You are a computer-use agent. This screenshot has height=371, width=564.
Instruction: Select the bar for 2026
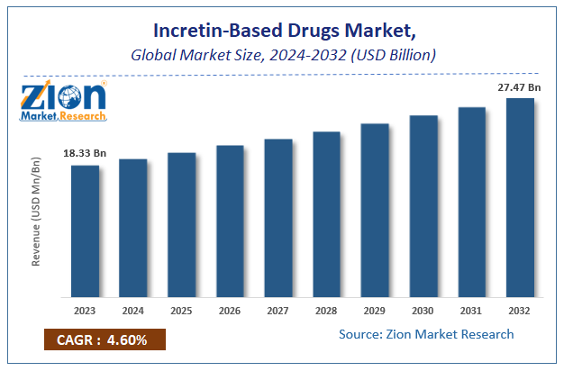pyautogui.click(x=230, y=221)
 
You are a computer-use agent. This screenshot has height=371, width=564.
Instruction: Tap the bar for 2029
pyautogui.click(x=375, y=210)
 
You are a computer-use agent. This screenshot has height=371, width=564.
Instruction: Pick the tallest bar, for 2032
pyautogui.click(x=520, y=197)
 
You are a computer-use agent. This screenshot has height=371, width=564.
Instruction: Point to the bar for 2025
pyautogui.click(x=181, y=224)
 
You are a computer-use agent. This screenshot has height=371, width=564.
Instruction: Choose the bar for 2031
pyautogui.click(x=471, y=202)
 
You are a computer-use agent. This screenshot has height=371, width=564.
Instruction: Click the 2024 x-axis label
pyautogui.click(x=133, y=312)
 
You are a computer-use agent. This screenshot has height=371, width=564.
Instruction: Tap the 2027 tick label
pyautogui.click(x=278, y=312)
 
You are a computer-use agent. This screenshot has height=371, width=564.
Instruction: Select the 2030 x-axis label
pyautogui.click(x=423, y=312)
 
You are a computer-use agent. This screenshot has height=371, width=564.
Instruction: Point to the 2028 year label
pyautogui.click(x=326, y=312)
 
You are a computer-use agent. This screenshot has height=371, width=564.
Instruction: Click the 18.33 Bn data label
pyautogui.click(x=85, y=155)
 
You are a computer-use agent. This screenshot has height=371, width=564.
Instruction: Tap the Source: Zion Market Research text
pyautogui.click(x=426, y=334)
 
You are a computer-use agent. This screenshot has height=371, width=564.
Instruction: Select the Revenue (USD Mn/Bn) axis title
pyautogui.click(x=37, y=212)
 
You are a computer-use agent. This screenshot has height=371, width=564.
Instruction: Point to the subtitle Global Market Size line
pyautogui.click(x=282, y=56)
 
